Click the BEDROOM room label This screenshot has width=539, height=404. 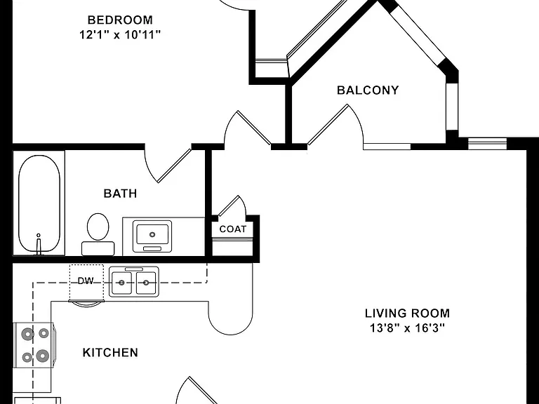point(120,20)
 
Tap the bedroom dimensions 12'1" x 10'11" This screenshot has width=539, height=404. point(120,34)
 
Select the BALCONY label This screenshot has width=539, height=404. point(368,90)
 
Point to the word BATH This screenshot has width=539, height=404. point(120,194)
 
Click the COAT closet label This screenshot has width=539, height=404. point(233,229)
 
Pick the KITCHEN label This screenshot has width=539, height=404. point(110,353)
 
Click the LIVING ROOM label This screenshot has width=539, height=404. point(407,314)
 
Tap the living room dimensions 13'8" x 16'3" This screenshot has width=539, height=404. point(407,328)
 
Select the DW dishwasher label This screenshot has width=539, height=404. point(86,281)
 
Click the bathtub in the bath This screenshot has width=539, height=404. point(39,203)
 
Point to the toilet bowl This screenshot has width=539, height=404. point(98,227)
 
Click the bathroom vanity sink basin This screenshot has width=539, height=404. point(152,234)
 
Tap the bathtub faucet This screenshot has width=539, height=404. point(39,244)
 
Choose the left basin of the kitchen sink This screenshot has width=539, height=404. point(121,283)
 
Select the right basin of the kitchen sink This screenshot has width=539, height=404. point(146,283)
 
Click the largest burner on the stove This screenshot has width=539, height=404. point(42,356)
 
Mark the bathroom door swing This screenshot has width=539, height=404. point(168,165)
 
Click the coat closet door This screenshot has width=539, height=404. point(232,206)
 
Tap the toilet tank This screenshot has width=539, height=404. point(98,248)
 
